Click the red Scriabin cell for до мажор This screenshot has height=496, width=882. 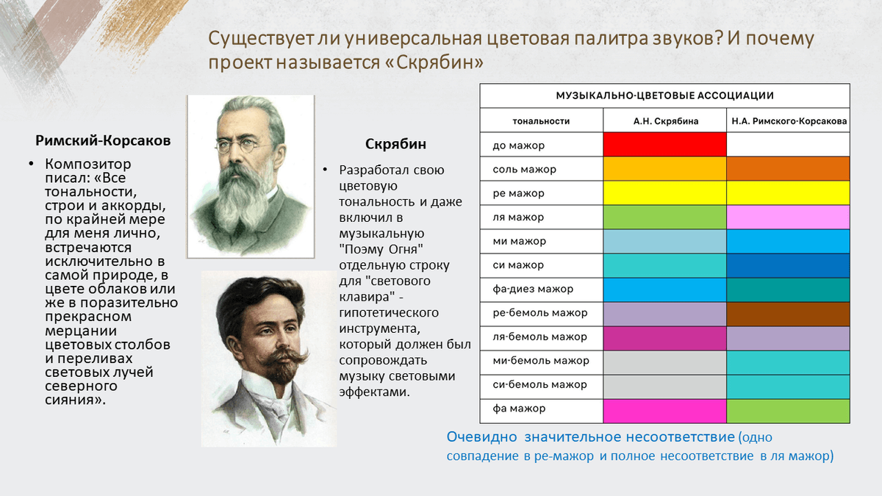(x=664, y=145)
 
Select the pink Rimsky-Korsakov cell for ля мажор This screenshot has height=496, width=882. (x=788, y=217)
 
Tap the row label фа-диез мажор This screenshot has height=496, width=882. (x=533, y=289)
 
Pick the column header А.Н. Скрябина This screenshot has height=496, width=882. (x=666, y=121)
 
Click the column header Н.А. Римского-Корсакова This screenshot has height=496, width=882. (x=789, y=121)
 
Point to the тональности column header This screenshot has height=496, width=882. (x=541, y=121)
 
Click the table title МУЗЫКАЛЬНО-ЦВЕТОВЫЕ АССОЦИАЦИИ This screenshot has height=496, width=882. (x=664, y=96)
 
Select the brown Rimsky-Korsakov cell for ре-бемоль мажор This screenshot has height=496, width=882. (x=788, y=314)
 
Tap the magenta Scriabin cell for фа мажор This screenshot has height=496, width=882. (x=664, y=411)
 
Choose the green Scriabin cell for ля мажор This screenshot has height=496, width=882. (x=664, y=217)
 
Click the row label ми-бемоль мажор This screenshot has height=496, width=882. (x=541, y=361)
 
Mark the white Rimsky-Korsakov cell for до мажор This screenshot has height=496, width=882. (x=788, y=145)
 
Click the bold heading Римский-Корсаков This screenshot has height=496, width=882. (x=103, y=140)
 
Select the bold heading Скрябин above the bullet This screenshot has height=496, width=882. (x=395, y=144)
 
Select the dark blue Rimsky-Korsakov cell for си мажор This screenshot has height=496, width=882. (x=788, y=265)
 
